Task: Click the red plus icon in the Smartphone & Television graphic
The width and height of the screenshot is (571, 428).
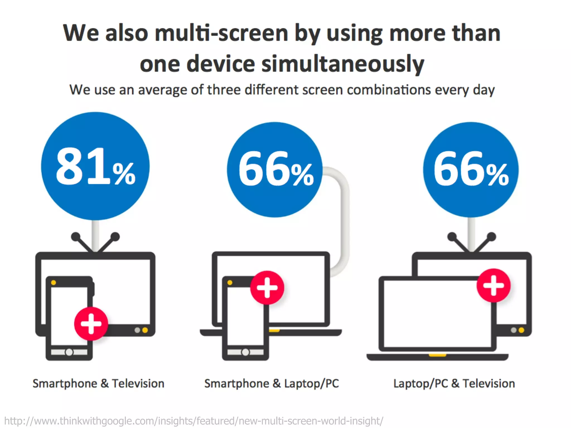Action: tap(91, 324)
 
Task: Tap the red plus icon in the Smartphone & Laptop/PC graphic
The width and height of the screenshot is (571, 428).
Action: tap(267, 287)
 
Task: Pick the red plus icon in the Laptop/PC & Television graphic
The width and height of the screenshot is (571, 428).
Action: tap(493, 285)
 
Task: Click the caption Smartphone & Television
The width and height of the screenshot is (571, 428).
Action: tap(98, 383)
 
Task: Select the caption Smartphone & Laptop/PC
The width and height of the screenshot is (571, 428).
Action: tap(272, 383)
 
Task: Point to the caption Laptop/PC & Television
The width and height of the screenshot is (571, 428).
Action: tap(454, 383)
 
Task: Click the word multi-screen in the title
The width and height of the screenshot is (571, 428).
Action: tap(221, 33)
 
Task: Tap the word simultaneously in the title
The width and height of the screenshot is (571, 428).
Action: tap(343, 64)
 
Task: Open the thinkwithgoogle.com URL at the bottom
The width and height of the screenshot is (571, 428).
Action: tap(194, 420)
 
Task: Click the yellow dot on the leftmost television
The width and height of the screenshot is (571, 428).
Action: tap(145, 330)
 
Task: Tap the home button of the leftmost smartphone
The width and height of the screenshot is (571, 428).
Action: tap(69, 352)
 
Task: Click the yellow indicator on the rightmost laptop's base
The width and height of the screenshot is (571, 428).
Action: tap(437, 355)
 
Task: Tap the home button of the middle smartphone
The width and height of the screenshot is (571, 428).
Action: tap(245, 352)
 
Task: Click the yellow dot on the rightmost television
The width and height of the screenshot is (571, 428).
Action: tap(521, 330)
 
